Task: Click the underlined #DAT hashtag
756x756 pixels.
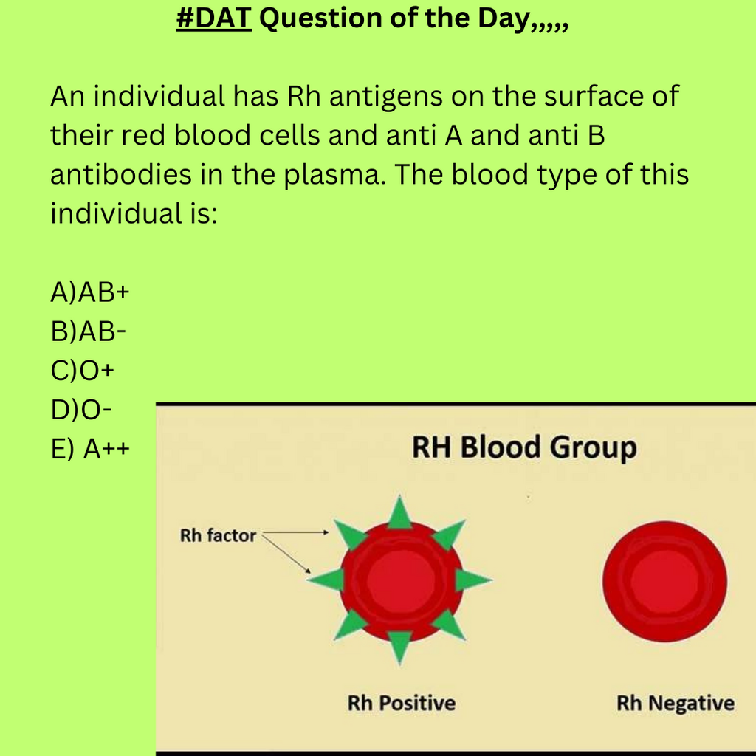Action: (213, 18)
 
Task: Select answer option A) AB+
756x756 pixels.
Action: (90, 292)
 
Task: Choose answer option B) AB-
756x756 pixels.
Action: (89, 331)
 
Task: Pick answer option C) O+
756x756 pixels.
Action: (83, 371)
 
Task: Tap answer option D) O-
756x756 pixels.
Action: (81, 410)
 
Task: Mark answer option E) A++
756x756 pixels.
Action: (90, 449)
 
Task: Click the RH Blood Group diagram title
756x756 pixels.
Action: (524, 448)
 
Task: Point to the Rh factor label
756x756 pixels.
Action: (218, 535)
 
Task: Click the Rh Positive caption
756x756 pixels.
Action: (401, 703)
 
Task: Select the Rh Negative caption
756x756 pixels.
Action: (676, 703)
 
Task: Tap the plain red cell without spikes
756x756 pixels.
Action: (664, 582)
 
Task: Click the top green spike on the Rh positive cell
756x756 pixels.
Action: (399, 513)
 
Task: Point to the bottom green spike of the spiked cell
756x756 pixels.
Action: (399, 647)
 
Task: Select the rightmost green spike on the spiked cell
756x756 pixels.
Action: (472, 580)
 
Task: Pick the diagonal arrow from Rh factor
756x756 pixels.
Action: (286, 554)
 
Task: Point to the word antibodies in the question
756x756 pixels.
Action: (121, 174)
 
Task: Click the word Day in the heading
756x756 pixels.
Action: (504, 19)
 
